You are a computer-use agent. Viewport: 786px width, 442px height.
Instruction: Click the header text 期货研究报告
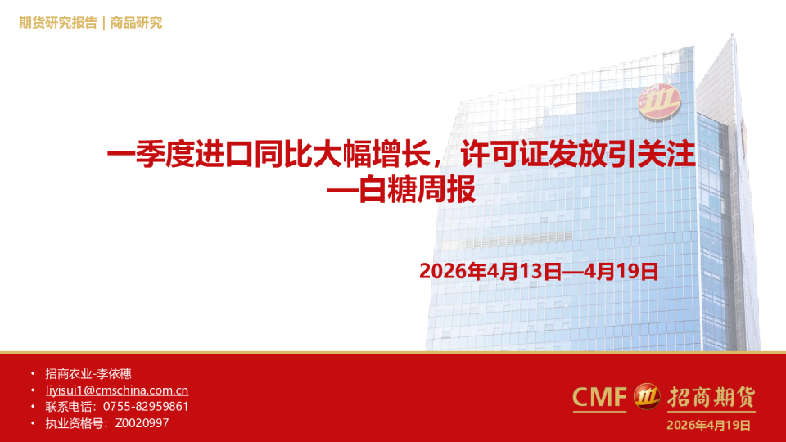[x=57, y=22]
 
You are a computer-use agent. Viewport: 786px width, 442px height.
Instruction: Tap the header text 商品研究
[x=136, y=22]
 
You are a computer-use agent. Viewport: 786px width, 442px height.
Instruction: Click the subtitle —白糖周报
[x=400, y=192]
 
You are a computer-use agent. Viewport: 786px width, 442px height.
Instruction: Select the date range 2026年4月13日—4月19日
[x=539, y=271]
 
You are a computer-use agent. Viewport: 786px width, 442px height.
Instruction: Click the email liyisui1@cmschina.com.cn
[x=117, y=390]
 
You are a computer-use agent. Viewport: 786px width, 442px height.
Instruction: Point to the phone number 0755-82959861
[x=146, y=407]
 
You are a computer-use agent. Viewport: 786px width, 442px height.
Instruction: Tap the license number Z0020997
[x=142, y=423]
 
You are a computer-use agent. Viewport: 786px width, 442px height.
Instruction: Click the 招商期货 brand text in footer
[x=710, y=397]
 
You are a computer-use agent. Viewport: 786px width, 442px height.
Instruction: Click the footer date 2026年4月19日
[x=708, y=424]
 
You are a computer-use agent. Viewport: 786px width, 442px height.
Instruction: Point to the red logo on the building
[x=660, y=101]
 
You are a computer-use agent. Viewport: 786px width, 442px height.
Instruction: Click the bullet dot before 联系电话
[x=32, y=407]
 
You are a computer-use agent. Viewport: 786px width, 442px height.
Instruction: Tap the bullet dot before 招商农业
[x=32, y=374]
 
